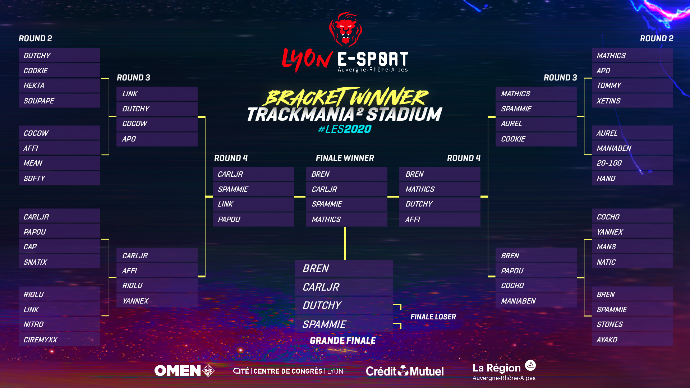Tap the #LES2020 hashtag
[x=345, y=129]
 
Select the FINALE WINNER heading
[x=345, y=158]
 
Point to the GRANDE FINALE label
[x=343, y=341]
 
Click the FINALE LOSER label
[x=433, y=317]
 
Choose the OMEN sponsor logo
[x=184, y=370]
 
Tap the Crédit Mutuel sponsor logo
[x=405, y=371]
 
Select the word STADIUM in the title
[x=404, y=114]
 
